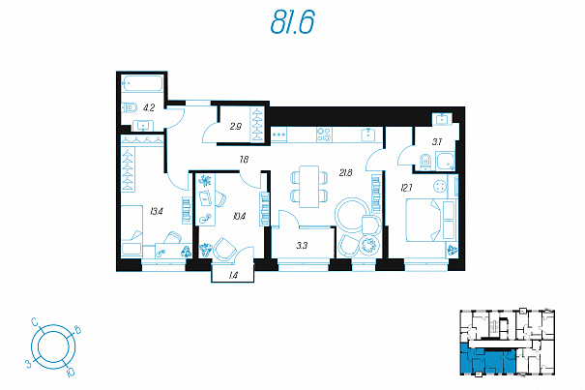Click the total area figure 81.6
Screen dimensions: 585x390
tap(292, 21)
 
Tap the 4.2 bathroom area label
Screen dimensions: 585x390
tap(149, 108)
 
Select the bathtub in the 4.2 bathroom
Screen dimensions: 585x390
tap(142, 83)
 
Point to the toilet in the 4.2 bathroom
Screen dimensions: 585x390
tap(130, 108)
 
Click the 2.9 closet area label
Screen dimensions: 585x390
tap(235, 127)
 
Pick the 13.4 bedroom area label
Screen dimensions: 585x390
tap(157, 212)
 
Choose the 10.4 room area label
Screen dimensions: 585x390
tap(239, 216)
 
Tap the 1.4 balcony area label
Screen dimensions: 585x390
tap(233, 276)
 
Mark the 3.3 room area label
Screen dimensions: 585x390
tap(302, 246)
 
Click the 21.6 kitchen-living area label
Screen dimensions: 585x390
tap(345, 173)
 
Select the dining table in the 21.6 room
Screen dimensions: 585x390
tap(309, 187)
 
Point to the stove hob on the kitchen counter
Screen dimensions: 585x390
tap(324, 135)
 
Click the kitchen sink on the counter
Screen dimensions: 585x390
tap(368, 135)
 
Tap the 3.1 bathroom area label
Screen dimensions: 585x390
tap(437, 142)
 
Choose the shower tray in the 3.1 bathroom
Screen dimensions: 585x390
tap(446, 161)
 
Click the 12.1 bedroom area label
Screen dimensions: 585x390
tap(406, 188)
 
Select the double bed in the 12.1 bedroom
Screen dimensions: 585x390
tap(431, 220)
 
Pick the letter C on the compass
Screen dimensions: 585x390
tap(34, 321)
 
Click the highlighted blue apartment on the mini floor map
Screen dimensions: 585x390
tap(487, 361)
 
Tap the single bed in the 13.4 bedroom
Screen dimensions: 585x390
tap(132, 230)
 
